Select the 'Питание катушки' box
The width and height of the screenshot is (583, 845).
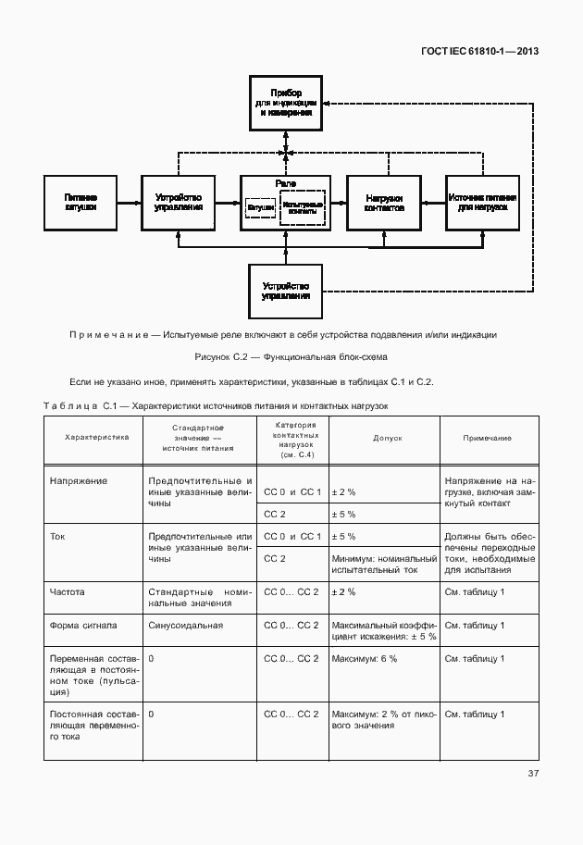[x=81, y=203]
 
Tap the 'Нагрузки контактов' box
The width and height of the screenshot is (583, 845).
[x=384, y=203]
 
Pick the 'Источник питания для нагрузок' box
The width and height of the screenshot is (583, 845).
[x=482, y=203]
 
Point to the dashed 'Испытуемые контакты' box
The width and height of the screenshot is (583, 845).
[x=303, y=209]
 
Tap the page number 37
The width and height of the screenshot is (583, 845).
[x=533, y=773]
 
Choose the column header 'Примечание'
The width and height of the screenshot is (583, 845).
[x=488, y=438]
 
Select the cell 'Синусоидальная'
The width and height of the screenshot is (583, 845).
[x=185, y=626]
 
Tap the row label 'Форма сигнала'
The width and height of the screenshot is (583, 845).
[x=83, y=626]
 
